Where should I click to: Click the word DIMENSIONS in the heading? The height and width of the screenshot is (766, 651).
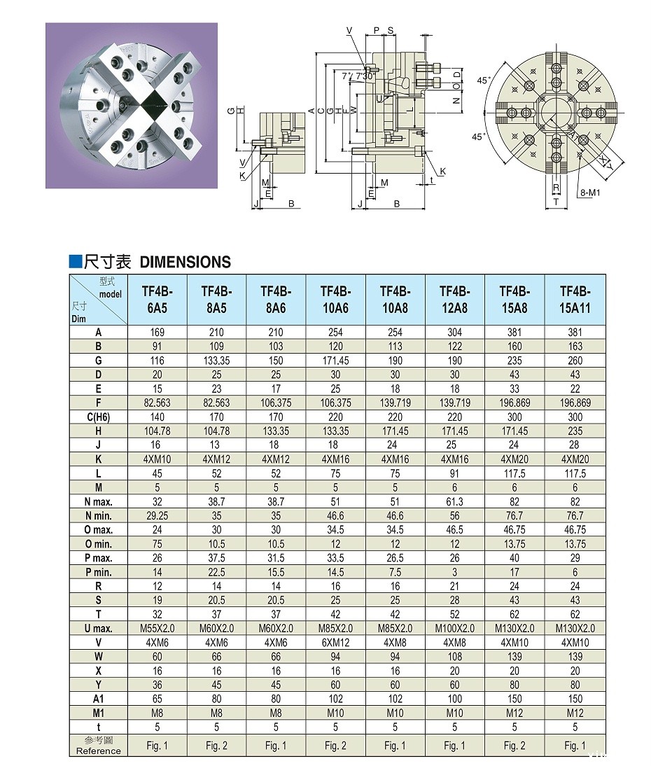(185, 262)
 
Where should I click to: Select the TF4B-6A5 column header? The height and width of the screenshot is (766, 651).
(157, 300)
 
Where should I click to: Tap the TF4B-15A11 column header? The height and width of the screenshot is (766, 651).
(575, 300)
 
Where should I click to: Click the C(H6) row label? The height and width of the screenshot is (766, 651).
(99, 417)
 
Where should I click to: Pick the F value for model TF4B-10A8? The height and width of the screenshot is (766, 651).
(395, 403)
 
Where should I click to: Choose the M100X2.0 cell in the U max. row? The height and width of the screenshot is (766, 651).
(454, 628)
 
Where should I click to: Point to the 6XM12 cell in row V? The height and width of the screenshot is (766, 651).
(335, 642)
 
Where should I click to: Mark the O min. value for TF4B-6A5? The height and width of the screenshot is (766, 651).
(157, 544)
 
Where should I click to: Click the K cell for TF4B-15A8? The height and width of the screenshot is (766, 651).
(514, 459)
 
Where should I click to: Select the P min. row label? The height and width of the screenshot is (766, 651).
(99, 572)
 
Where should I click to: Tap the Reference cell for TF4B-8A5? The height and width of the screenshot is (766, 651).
(216, 746)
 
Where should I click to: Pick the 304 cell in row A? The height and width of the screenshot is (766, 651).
(454, 333)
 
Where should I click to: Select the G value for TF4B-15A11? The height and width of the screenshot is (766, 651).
(575, 361)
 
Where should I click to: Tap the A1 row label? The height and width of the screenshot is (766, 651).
(99, 699)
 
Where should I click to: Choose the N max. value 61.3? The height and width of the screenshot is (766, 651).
(454, 501)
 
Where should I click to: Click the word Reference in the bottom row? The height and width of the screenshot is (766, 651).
(99, 751)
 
